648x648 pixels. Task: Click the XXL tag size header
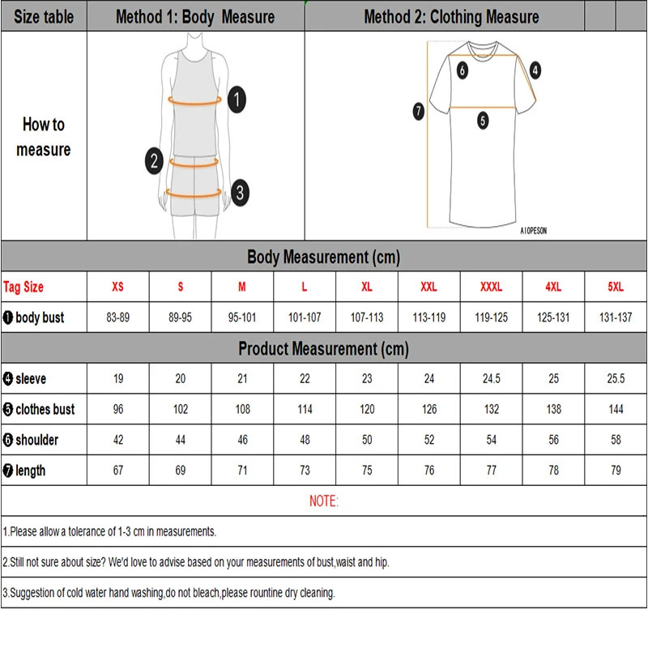(x=428, y=287)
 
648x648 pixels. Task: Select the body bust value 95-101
(x=242, y=318)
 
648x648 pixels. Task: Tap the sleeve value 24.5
(x=491, y=378)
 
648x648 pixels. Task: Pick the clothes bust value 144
(x=616, y=409)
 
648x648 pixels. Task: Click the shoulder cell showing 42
(x=118, y=440)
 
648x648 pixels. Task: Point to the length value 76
(x=428, y=471)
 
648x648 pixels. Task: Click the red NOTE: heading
(x=324, y=501)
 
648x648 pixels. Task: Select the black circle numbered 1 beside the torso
(x=236, y=100)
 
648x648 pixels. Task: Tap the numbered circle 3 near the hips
(x=240, y=193)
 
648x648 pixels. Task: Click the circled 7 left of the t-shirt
(x=419, y=112)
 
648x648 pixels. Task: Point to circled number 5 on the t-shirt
(x=483, y=121)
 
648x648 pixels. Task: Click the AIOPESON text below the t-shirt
(x=533, y=230)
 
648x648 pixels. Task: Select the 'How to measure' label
(x=44, y=136)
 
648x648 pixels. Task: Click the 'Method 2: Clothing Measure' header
(x=451, y=17)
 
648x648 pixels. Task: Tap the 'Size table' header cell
(x=44, y=17)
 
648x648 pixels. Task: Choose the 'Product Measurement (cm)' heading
(x=324, y=349)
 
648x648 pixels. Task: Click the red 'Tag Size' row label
(x=23, y=287)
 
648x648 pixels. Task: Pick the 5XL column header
(x=616, y=287)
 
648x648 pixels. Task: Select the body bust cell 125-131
(x=553, y=318)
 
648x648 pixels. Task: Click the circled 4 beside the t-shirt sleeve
(x=535, y=70)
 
